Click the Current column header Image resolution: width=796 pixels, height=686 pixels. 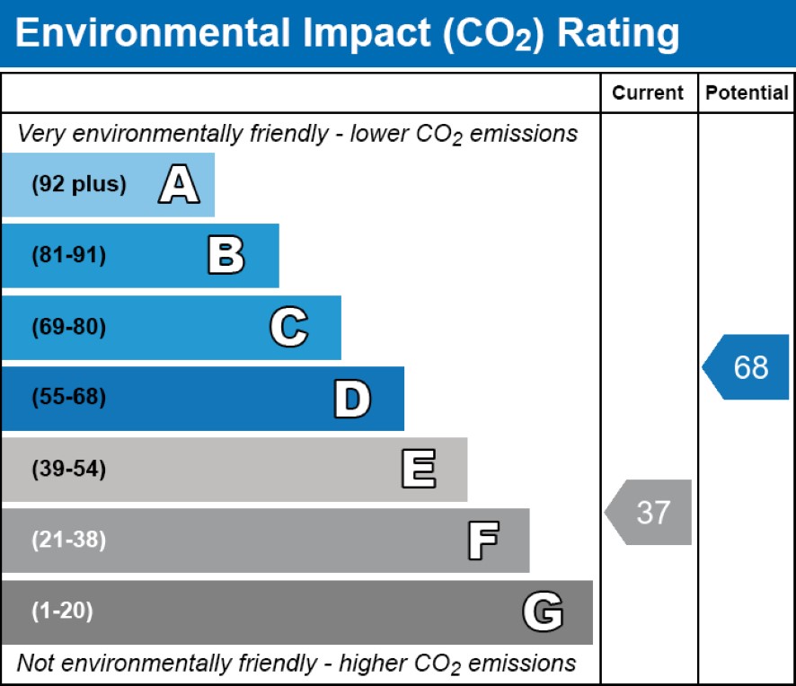tap(649, 93)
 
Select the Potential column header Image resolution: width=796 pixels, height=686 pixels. tap(747, 93)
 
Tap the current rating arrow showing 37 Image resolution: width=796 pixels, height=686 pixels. tap(650, 512)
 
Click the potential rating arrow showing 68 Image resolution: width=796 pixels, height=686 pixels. tap(748, 367)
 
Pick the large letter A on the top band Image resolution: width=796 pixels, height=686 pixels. tap(179, 185)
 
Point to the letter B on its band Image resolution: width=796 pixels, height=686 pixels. tap(226, 256)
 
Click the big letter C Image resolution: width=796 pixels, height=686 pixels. tap(288, 328)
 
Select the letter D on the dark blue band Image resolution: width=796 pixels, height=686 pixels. tap(351, 399)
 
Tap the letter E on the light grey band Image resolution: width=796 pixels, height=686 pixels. tap(418, 470)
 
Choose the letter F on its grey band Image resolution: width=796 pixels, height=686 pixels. tap(482, 541)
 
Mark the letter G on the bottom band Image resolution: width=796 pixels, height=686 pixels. tap(543, 612)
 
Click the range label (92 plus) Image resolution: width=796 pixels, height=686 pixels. tap(79, 185)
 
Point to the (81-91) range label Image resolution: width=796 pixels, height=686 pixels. tap(68, 256)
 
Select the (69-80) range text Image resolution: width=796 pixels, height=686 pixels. tap(68, 328)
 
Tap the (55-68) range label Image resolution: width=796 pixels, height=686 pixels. tap(68, 398)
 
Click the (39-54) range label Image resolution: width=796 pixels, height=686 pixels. tap(68, 470)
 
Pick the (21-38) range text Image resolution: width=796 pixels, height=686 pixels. tap(68, 541)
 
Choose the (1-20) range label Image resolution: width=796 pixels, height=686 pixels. tap(62, 612)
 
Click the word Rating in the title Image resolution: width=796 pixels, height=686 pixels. tap(618, 33)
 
